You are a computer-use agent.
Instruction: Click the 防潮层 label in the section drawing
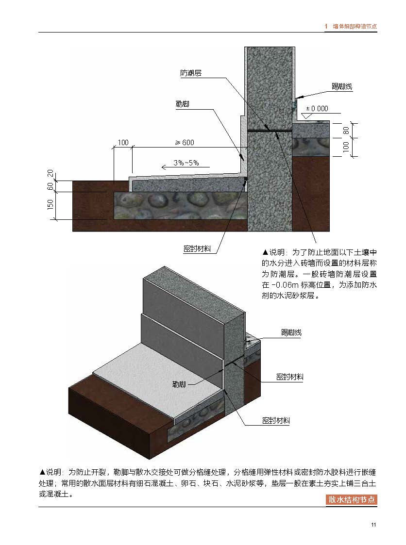pyautogui.click(x=191, y=73)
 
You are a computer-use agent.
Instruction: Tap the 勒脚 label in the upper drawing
pyautogui.click(x=182, y=104)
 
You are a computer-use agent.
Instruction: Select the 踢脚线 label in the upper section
pyautogui.click(x=342, y=86)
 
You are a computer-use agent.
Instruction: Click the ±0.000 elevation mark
pyautogui.click(x=317, y=108)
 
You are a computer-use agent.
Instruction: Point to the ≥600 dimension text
pyautogui.click(x=185, y=142)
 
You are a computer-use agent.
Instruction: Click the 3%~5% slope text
pyautogui.click(x=186, y=163)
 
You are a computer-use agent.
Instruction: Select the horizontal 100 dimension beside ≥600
pyautogui.click(x=123, y=143)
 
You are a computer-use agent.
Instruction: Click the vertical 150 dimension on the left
pyautogui.click(x=51, y=204)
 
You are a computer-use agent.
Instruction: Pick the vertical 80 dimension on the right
pyautogui.click(x=346, y=131)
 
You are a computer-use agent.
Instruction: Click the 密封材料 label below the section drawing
pyautogui.click(x=197, y=248)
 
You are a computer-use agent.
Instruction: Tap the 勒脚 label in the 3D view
pyautogui.click(x=179, y=384)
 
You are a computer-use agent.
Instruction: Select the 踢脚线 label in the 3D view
pyautogui.click(x=291, y=332)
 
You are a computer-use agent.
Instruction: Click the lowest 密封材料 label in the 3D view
pyautogui.click(x=276, y=421)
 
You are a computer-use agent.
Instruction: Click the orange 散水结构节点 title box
pyautogui.click(x=352, y=500)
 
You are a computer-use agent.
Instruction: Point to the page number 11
pyautogui.click(x=373, y=525)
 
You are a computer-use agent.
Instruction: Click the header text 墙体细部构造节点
pyautogui.click(x=355, y=26)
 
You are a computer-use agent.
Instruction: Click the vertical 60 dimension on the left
pyautogui.click(x=51, y=186)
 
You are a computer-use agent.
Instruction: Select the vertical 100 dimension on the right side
pyautogui.click(x=346, y=147)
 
